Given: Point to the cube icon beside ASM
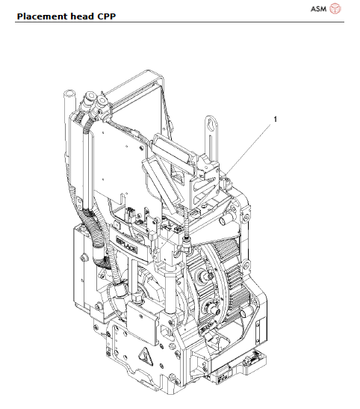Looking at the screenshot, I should [x=335, y=8].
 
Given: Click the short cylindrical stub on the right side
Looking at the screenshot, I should [x=224, y=223].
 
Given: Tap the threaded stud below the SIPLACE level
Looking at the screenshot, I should [x=184, y=243].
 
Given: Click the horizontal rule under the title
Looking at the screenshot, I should [x=179, y=22].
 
